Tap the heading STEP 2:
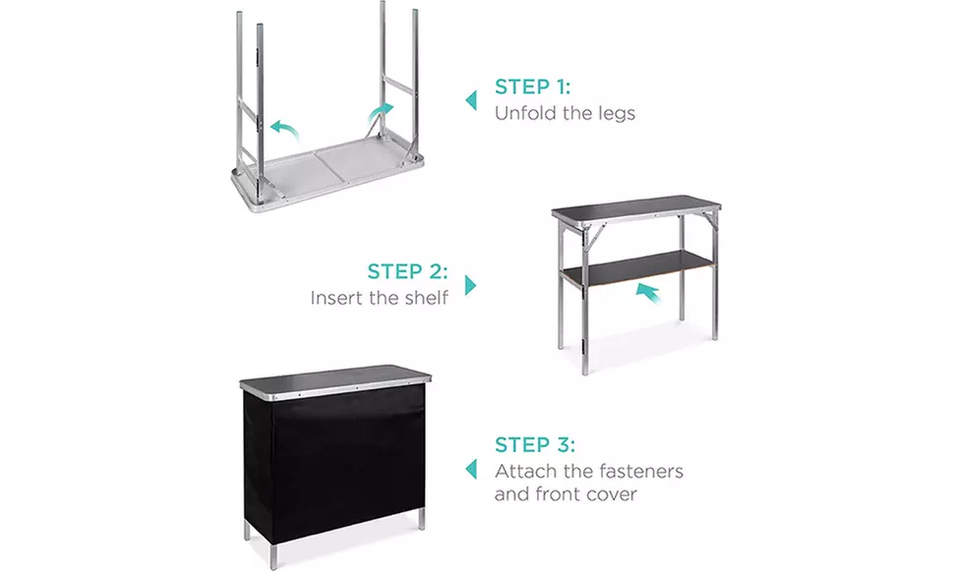pos(407,271)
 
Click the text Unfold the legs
pos(565,113)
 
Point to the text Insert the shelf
pos(380,297)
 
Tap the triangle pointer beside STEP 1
pos(471,100)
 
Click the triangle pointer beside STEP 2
pos(471,285)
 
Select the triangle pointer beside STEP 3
pos(471,468)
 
